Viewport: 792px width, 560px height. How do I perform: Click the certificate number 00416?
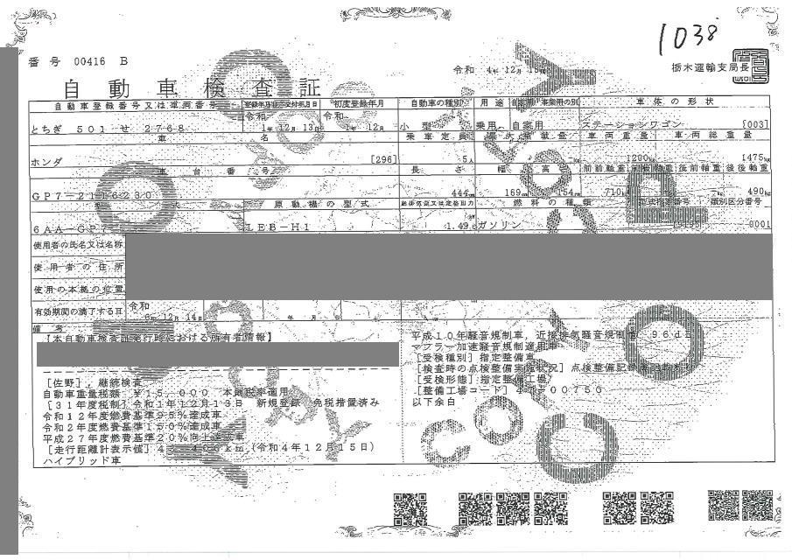pos(89,61)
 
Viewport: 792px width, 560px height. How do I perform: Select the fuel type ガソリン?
pos(503,225)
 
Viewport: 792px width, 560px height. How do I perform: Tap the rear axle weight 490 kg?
pos(758,192)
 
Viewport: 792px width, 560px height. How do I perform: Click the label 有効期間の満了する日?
pos(77,311)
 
